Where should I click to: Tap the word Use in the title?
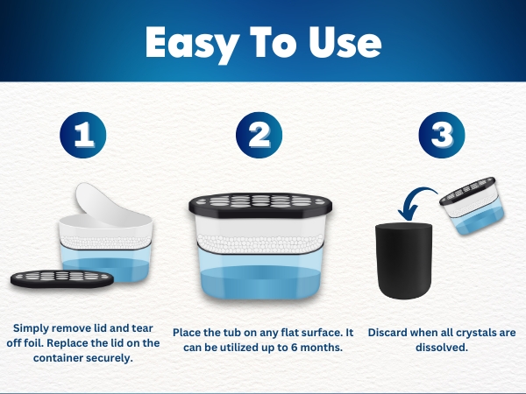(x=345, y=42)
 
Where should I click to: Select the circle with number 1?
(x=83, y=135)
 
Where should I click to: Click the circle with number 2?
(x=259, y=135)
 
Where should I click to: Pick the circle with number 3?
(x=442, y=135)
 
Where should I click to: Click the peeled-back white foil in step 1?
(x=101, y=203)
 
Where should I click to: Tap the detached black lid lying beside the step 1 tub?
(x=62, y=278)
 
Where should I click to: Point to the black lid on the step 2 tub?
(x=260, y=205)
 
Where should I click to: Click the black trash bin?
(x=403, y=261)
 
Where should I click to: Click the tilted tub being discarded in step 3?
(x=473, y=205)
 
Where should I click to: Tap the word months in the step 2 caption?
(x=322, y=348)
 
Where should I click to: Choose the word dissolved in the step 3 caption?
(x=442, y=348)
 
